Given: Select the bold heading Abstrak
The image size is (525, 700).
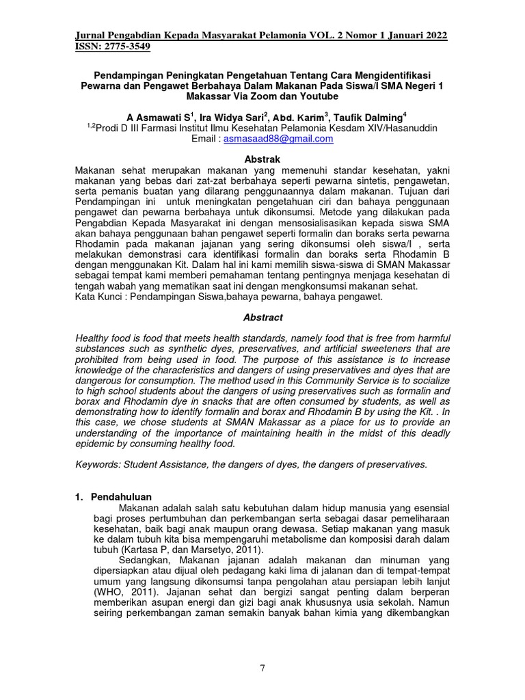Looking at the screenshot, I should tap(263, 159).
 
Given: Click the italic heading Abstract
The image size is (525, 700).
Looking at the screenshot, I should tap(263, 318).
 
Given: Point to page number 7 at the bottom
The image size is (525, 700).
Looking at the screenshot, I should tap(262, 668).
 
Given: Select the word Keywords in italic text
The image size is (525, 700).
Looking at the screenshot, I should tap(98, 465).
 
